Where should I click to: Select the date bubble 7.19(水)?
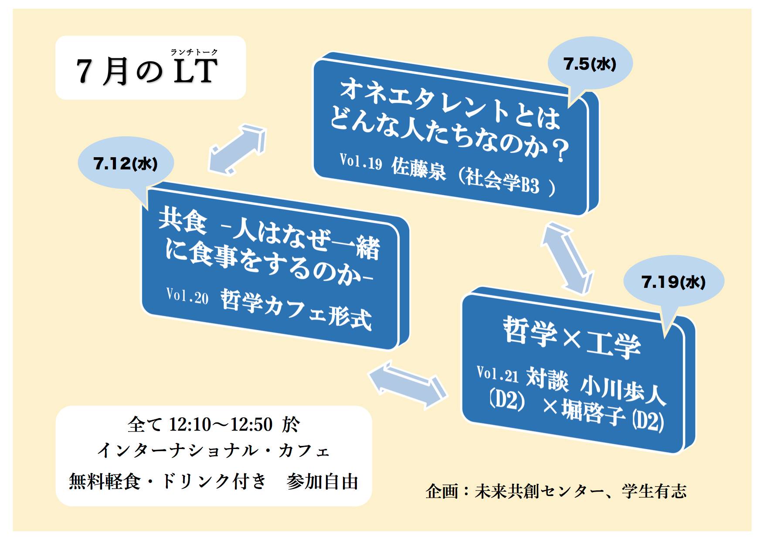point(673,282)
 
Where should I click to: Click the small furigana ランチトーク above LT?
point(194,52)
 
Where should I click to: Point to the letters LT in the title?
point(195,71)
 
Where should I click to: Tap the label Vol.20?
point(187,296)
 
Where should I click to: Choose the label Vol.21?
point(498,375)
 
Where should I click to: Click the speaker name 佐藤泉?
point(418,169)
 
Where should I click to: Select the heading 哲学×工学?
point(572,337)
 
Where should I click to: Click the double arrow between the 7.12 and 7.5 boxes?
point(238,148)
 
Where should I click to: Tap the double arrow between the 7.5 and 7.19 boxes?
point(567,258)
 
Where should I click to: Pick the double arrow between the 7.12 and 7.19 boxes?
point(407,384)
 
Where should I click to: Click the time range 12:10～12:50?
point(221,424)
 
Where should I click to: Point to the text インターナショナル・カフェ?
point(213,451)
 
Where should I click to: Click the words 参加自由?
point(323,482)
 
